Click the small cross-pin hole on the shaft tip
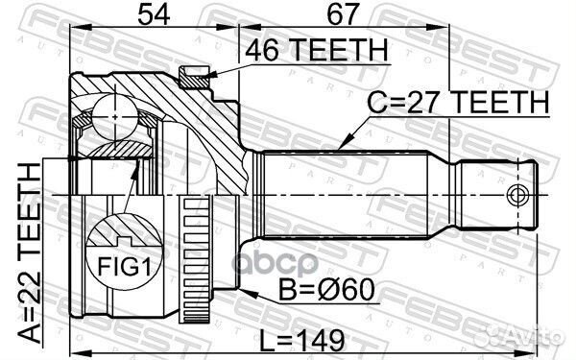(x=519, y=196)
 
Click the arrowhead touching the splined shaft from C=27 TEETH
(x=345, y=145)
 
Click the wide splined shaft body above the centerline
(x=346, y=173)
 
